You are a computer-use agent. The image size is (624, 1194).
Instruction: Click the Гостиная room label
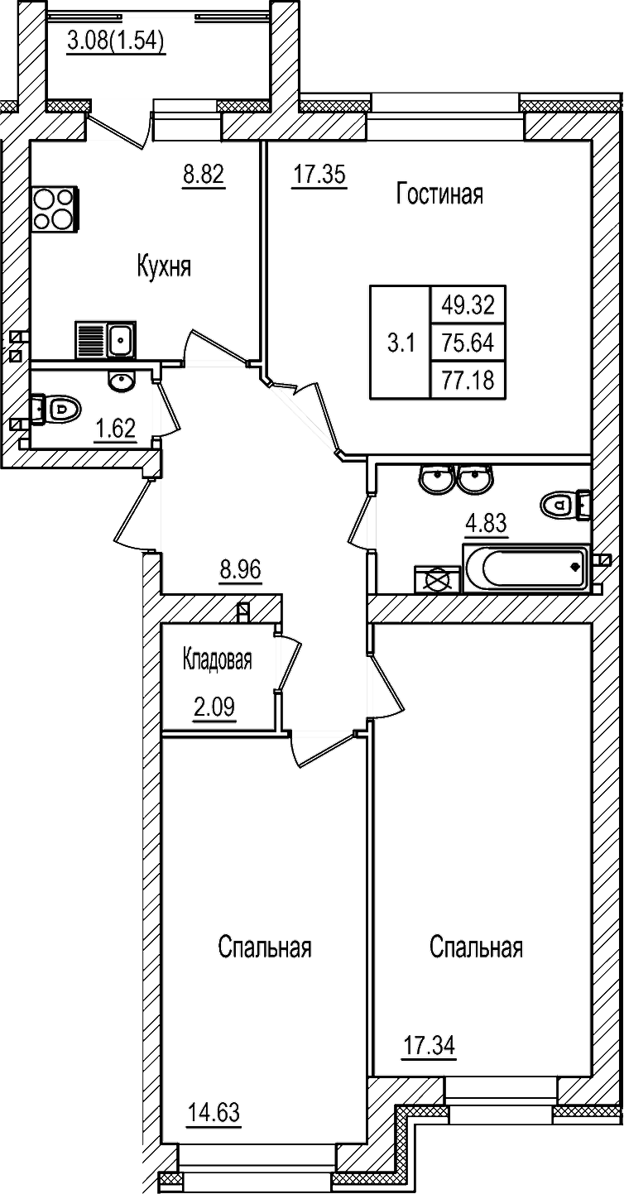coord(439,194)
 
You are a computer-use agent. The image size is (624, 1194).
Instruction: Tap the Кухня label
coord(164,266)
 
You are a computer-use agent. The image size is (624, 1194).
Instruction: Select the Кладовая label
coord(217,660)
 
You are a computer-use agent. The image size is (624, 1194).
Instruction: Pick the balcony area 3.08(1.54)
coord(116,40)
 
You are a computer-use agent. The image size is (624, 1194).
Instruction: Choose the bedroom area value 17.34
coord(429,1046)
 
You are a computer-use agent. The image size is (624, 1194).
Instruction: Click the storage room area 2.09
coord(214,708)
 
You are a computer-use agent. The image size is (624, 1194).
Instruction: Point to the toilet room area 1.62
coord(115,429)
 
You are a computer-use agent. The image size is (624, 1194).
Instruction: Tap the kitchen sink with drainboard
coord(105,339)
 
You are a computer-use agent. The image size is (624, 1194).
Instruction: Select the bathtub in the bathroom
coord(526,568)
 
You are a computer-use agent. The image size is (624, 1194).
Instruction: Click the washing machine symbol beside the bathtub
coord(436,579)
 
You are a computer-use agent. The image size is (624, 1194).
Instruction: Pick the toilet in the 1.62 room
coord(58,408)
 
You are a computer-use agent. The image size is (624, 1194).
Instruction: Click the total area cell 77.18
coord(468,380)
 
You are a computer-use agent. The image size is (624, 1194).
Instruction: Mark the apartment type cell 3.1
coord(401,342)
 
